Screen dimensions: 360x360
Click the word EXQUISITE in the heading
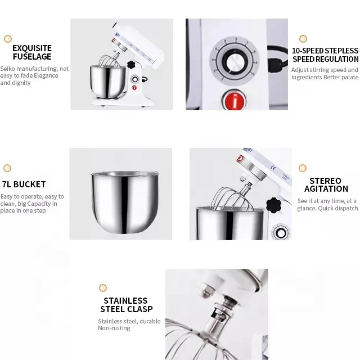click(32, 48)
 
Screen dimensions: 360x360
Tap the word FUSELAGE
click(32, 56)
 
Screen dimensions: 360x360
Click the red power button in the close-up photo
click(234, 100)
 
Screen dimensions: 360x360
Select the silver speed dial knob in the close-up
click(236, 62)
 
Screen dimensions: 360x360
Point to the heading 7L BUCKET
click(24, 184)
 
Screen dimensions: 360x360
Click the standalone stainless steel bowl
click(125, 202)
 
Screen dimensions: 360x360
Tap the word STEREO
click(325, 181)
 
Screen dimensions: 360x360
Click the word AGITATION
click(326, 189)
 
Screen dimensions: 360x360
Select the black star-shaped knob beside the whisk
click(273, 205)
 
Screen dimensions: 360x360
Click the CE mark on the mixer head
click(273, 168)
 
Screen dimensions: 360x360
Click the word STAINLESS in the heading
click(125, 301)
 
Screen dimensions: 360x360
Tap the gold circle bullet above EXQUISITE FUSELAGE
click(8, 39)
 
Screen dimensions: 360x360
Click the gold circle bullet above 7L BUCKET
click(7, 168)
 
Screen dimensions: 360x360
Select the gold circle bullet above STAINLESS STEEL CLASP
click(103, 288)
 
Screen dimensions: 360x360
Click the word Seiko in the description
click(7, 69)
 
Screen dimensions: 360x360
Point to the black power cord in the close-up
click(277, 59)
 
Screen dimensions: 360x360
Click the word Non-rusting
click(114, 328)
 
